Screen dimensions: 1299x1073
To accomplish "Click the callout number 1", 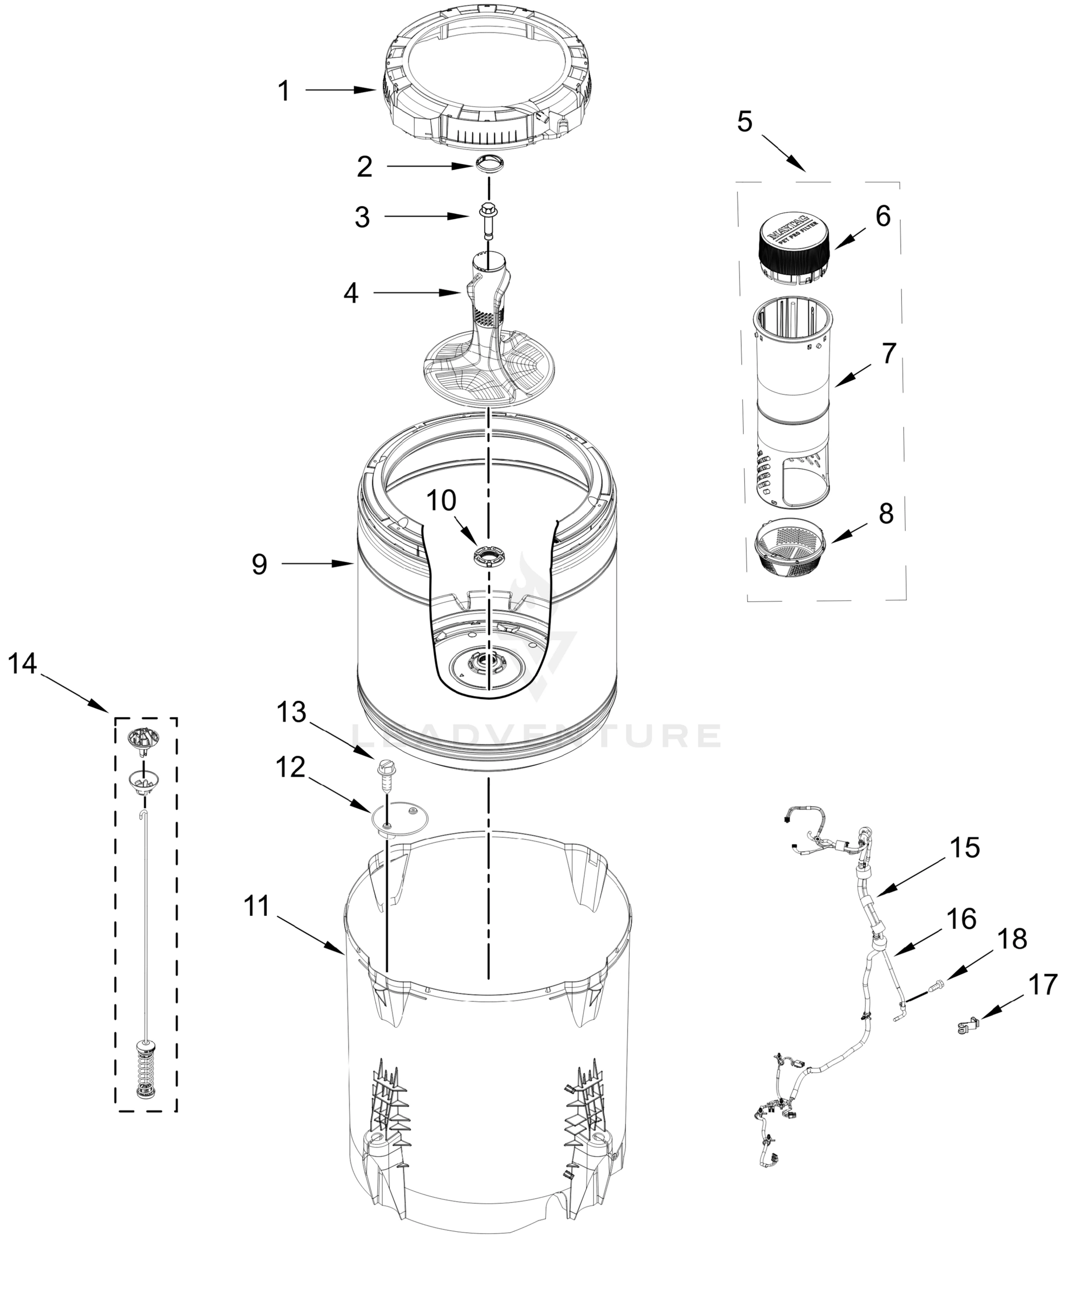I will [x=283, y=91].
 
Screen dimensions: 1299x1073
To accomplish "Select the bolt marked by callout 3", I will [x=488, y=218].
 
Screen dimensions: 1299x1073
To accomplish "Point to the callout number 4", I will [x=350, y=293].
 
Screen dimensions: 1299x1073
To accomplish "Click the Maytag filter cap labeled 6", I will [x=794, y=247].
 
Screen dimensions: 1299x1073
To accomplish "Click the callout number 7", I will [x=888, y=353].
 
